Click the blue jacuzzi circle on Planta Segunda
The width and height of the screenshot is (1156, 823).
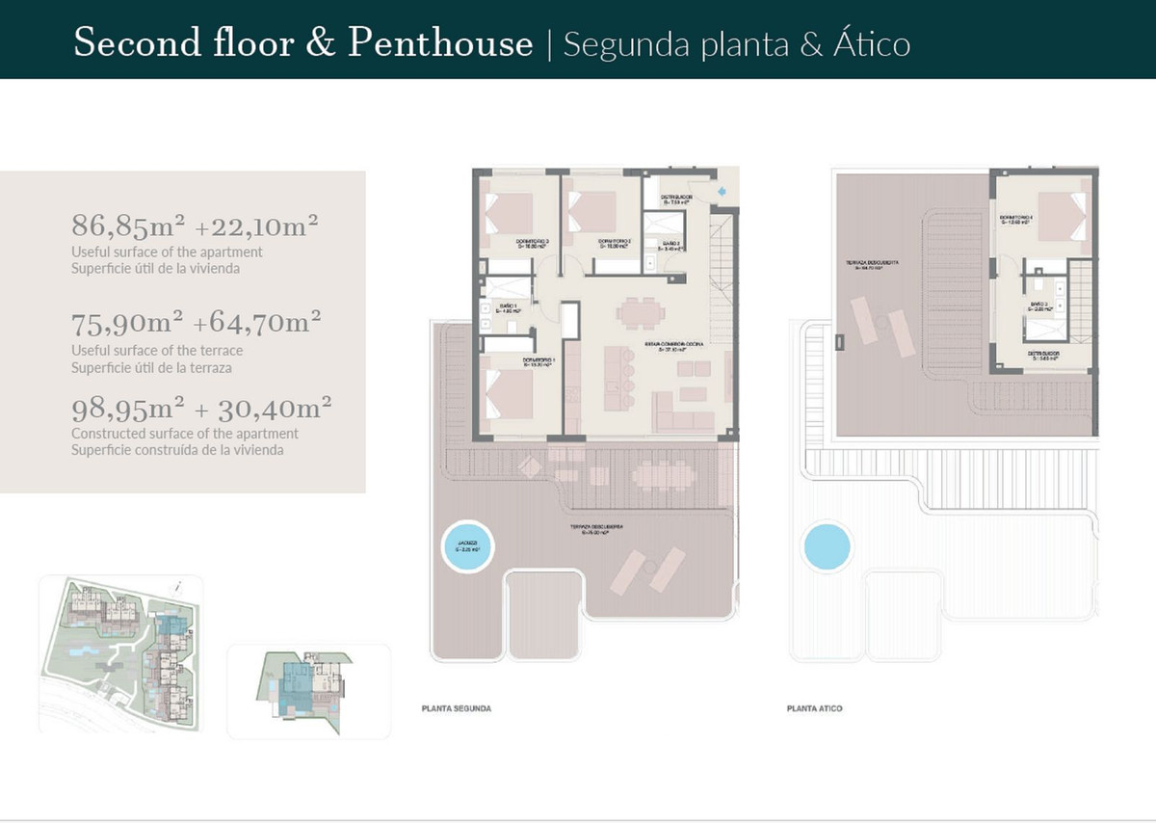[x=468, y=548]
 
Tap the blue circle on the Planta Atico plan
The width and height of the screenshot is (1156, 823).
[x=827, y=546]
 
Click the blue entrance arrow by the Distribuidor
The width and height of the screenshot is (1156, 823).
[x=723, y=191]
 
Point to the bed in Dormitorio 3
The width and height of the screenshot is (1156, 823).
[x=510, y=211]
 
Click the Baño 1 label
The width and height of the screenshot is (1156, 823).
[x=507, y=307]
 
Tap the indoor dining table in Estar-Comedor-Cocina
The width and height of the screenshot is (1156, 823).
[x=641, y=313]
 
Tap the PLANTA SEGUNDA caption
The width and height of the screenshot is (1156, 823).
[x=457, y=708]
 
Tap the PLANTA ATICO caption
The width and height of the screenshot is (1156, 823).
[x=814, y=708]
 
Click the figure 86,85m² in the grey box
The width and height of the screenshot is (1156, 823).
[x=129, y=226]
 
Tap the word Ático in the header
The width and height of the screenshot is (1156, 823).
[x=871, y=44]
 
